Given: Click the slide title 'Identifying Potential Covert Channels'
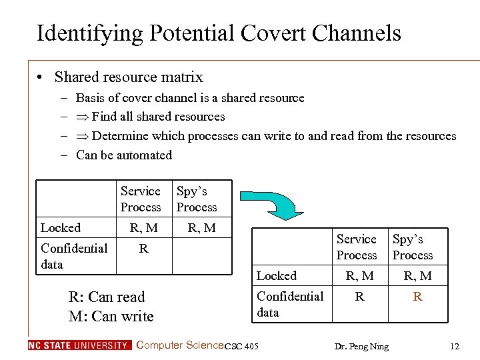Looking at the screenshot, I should point(219,33).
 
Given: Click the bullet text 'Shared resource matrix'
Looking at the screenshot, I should point(129,77).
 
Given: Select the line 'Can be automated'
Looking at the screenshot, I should point(124,155).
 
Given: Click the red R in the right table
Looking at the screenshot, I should point(417,297).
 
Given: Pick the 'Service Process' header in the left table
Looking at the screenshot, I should point(141,199).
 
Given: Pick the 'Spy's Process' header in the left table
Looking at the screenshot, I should point(197,199).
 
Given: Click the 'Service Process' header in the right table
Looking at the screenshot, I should point(357,247).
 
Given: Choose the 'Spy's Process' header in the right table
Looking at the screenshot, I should point(413,247).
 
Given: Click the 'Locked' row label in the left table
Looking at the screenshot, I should point(61,228).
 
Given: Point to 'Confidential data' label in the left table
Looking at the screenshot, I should point(73,256).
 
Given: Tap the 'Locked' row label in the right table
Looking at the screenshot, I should point(277,276).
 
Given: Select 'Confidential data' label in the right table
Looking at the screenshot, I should point(289,304).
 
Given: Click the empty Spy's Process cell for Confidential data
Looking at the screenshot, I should point(202,256).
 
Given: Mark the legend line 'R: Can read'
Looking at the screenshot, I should point(107,297).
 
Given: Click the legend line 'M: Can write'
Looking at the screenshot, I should point(111,316).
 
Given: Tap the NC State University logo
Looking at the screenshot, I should point(80,345).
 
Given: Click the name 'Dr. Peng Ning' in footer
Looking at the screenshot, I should point(362,346).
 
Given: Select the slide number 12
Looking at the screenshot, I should point(455,346).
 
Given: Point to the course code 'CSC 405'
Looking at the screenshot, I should point(241,346).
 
